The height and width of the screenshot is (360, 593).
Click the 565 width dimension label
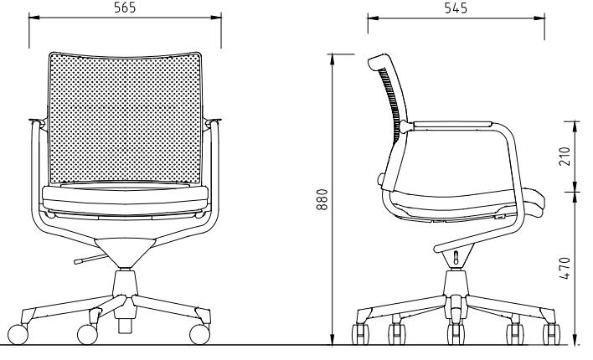pyautogui.click(x=125, y=8)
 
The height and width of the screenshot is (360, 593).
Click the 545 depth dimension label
pyautogui.click(x=456, y=8)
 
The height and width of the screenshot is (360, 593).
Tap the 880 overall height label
pyautogui.click(x=322, y=199)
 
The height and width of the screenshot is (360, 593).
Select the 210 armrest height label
pyautogui.click(x=565, y=157)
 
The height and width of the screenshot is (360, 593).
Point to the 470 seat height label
pyautogui.click(x=565, y=268)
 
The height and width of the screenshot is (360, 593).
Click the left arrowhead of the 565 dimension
pyautogui.click(x=34, y=17)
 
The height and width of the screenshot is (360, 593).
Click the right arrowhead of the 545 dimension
pyautogui.click(x=539, y=18)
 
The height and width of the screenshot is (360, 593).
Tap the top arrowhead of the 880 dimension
pyautogui.click(x=333, y=59)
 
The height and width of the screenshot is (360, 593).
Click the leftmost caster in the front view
pyautogui.click(x=18, y=334)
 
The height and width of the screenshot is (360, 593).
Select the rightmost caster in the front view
pyautogui.click(x=199, y=334)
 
